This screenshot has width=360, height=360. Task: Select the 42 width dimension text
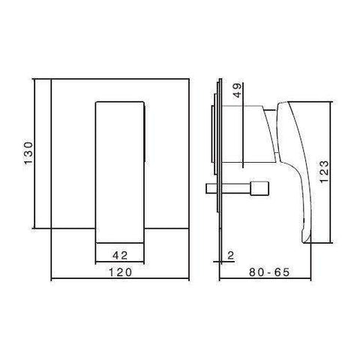point(120,253)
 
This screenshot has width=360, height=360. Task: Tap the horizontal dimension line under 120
point(120,280)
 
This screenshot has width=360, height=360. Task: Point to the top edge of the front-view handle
point(120,99)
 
